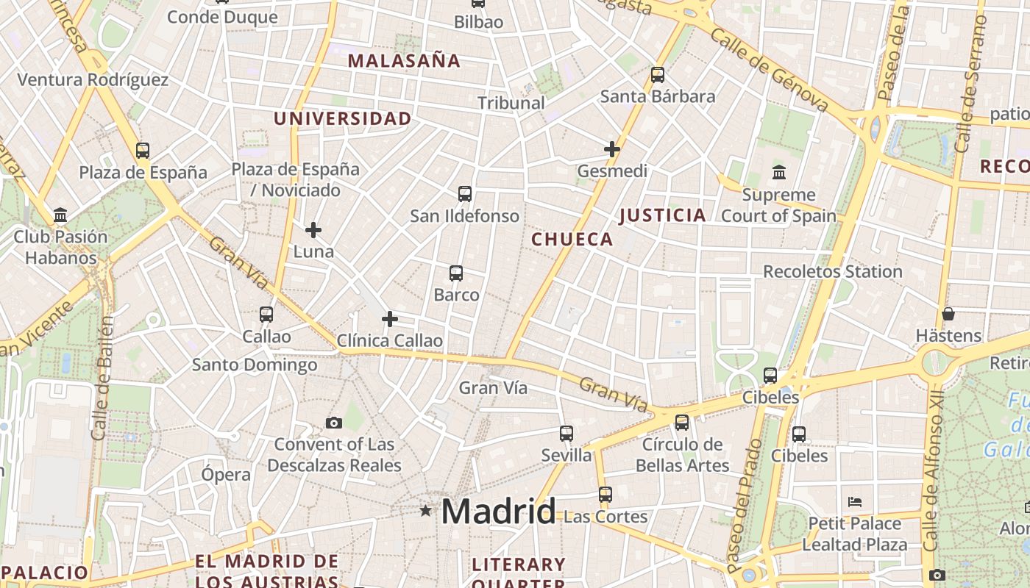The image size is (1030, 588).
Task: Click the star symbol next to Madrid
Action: (425, 510)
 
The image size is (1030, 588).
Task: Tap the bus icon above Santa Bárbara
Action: (658, 75)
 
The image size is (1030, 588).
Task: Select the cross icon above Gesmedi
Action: (612, 149)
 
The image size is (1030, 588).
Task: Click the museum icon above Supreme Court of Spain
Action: (779, 173)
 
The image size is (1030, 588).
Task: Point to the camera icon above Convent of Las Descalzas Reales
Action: (334, 423)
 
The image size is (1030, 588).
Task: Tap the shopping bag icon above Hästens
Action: (948, 314)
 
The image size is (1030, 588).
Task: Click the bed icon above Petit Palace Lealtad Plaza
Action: (855, 502)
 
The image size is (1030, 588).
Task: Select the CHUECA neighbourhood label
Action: (572, 239)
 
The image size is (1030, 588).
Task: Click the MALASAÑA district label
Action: (404, 60)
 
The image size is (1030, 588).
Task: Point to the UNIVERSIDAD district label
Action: (343, 118)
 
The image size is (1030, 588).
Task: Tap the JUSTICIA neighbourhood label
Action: (663, 215)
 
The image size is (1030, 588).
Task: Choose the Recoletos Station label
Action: (832, 271)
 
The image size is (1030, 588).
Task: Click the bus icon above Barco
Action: (456, 273)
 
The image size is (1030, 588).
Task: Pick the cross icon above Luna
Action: (313, 231)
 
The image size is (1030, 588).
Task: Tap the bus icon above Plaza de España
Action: (143, 151)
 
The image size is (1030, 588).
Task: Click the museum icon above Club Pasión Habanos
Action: (60, 215)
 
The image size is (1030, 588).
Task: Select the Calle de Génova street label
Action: (770, 71)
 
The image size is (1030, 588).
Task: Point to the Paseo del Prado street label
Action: (745, 506)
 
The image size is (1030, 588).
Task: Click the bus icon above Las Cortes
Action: (605, 495)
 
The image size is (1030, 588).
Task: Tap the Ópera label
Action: (226, 475)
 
